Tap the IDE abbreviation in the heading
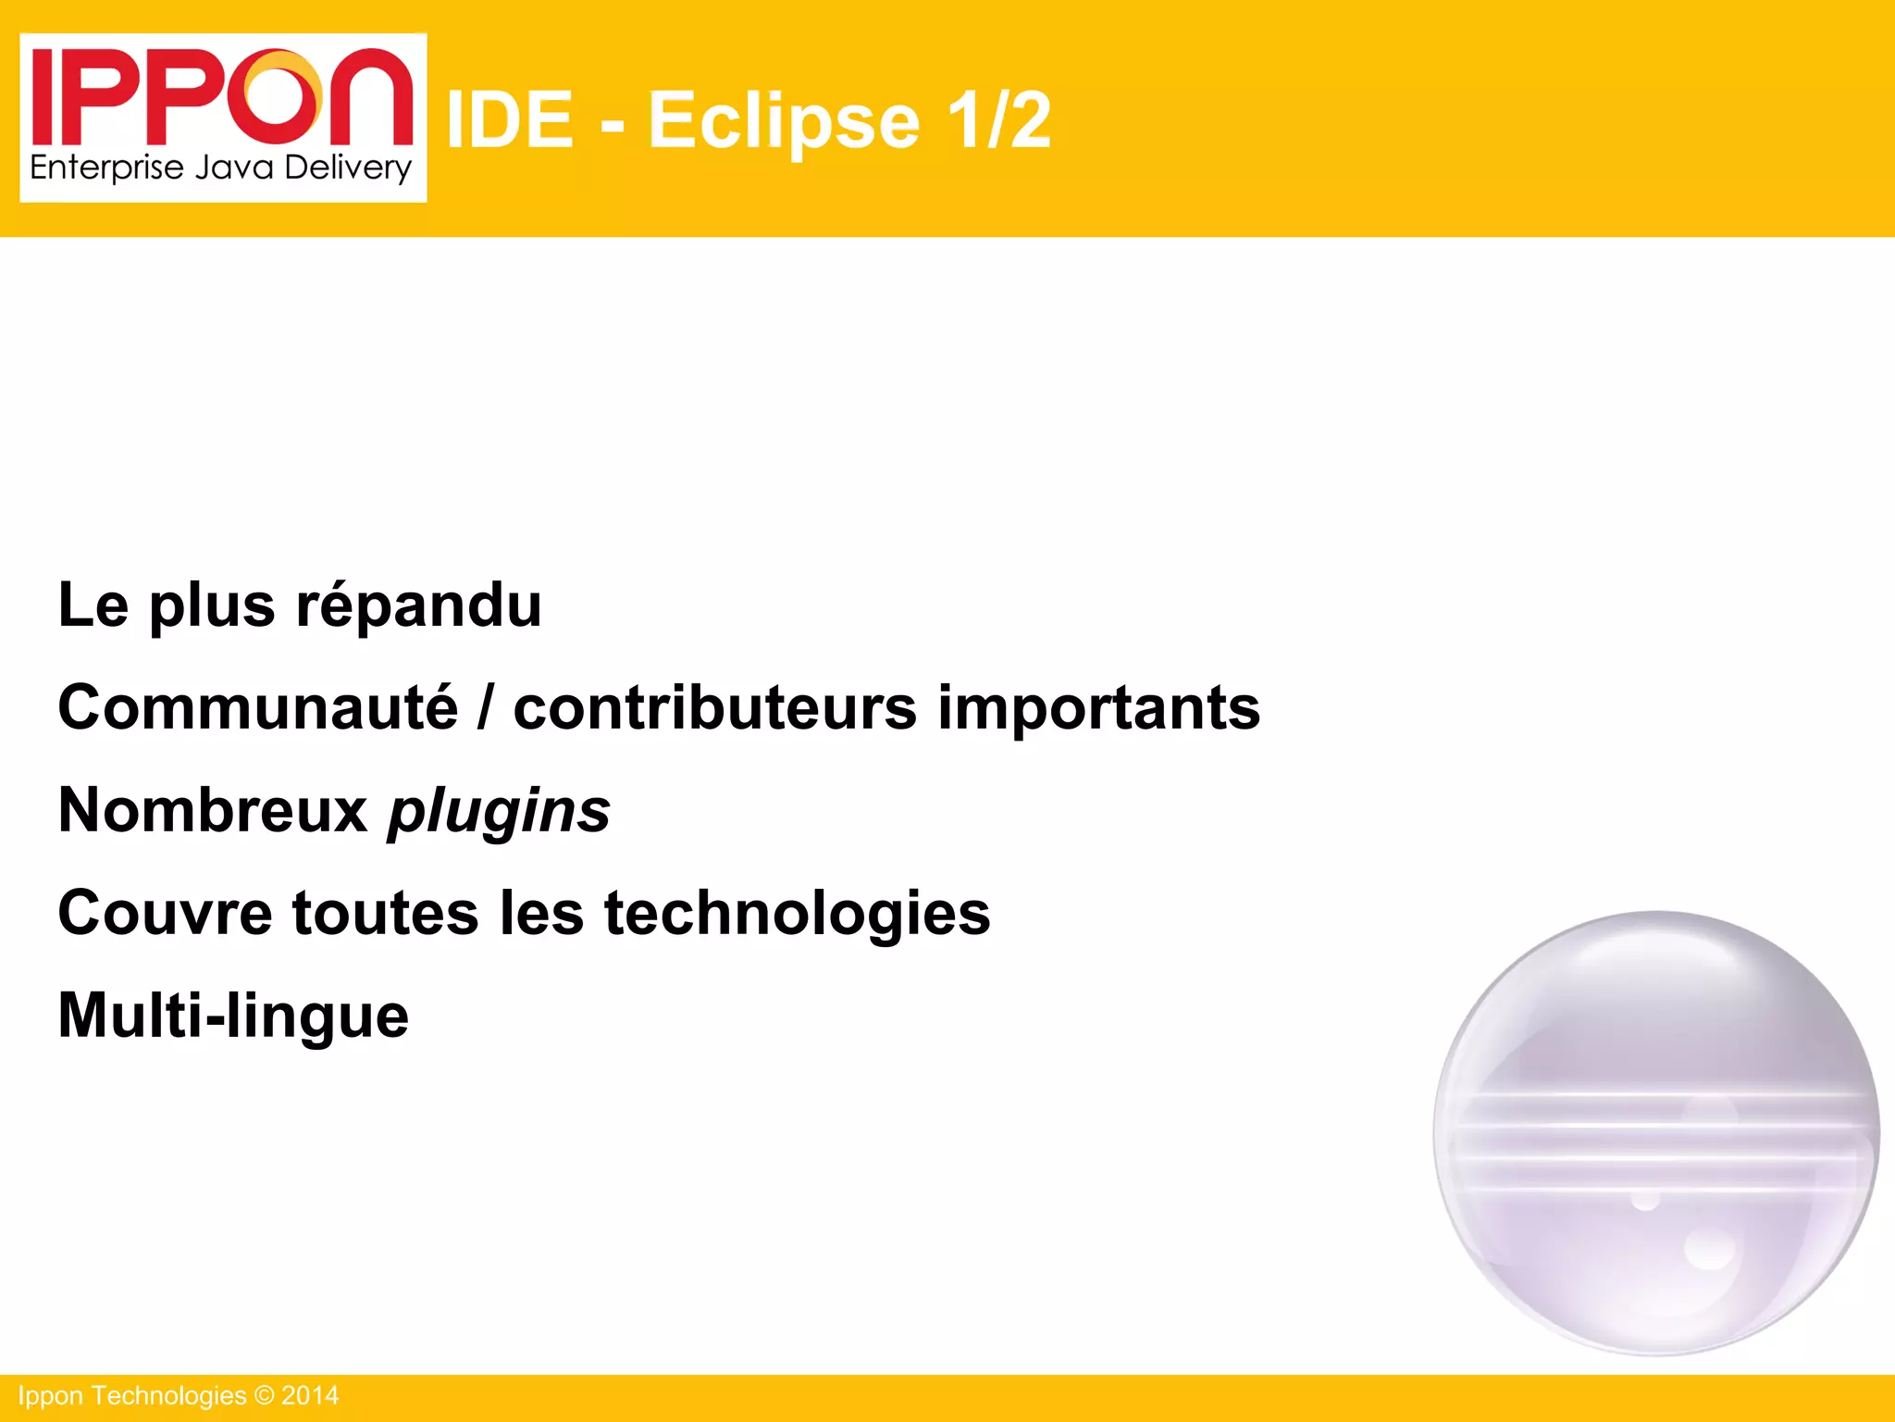tap(510, 120)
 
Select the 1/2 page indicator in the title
tap(999, 120)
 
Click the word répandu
tap(418, 606)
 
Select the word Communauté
tap(257, 708)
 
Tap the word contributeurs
tap(715, 708)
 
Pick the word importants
tap(1098, 708)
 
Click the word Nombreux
tap(213, 811)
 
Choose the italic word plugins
tap(499, 813)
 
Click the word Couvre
tap(165, 914)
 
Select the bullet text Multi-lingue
tap(233, 1017)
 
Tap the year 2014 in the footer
tap(310, 1396)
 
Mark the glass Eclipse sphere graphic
tap(1656, 1133)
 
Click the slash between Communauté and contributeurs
tap(485, 708)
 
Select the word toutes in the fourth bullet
tap(386, 914)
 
